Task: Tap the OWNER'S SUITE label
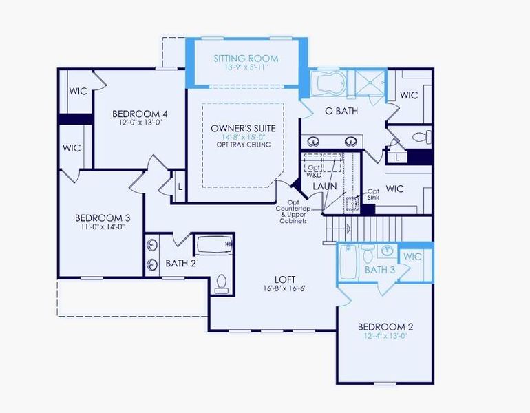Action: pyautogui.click(x=243, y=128)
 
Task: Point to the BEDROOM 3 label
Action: pyautogui.click(x=103, y=218)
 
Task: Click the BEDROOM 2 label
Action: pyautogui.click(x=385, y=326)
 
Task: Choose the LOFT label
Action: pyautogui.click(x=285, y=279)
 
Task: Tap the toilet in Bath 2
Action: pyautogui.click(x=222, y=283)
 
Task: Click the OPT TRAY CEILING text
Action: pyautogui.click(x=243, y=145)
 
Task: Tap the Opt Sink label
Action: pyautogui.click(x=373, y=195)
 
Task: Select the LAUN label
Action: pyautogui.click(x=324, y=187)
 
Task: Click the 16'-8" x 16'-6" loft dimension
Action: pyautogui.click(x=285, y=289)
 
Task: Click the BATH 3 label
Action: pyautogui.click(x=379, y=270)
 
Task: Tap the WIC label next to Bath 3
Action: pyautogui.click(x=412, y=257)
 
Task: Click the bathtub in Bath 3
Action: pyautogui.click(x=348, y=262)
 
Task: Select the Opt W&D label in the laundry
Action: pyautogui.click(x=315, y=171)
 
